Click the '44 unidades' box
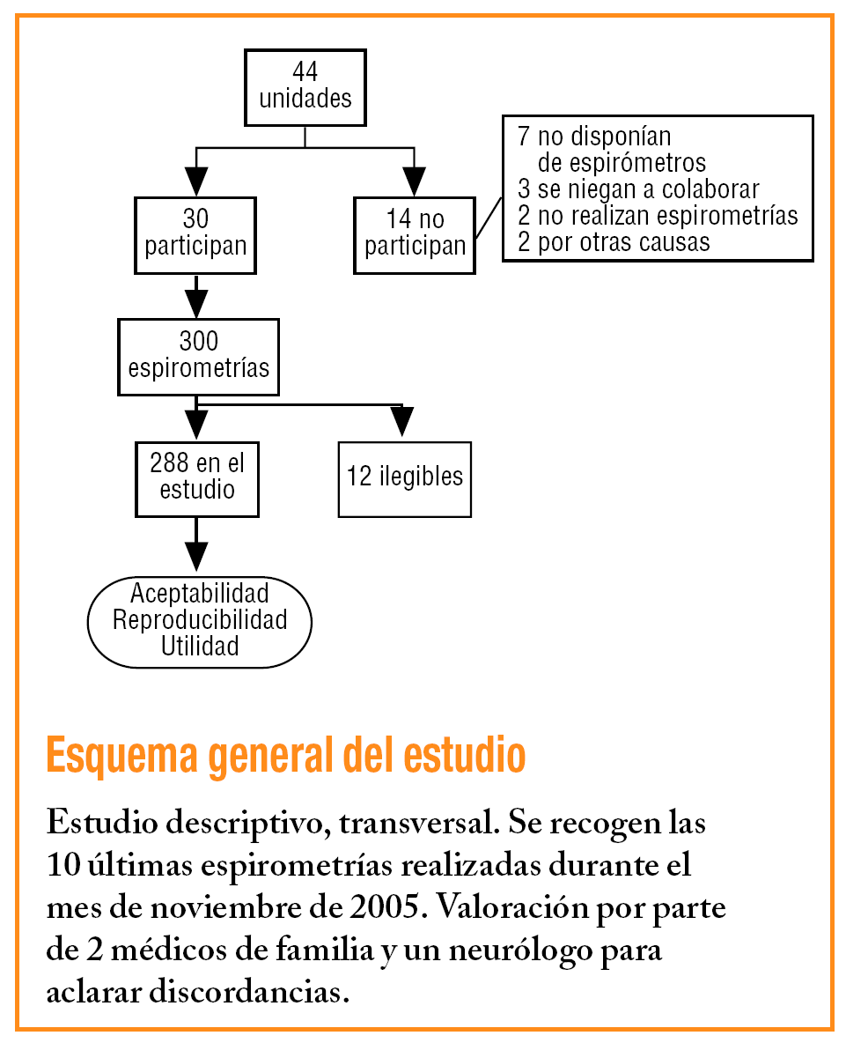305,86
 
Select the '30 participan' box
195,233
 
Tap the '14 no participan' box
415,233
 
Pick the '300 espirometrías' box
198,356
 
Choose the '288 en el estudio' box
197,477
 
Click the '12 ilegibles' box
404,477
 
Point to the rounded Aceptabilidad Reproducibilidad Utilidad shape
200,620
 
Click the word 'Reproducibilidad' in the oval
200,620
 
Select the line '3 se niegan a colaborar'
637,189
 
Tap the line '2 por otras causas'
613,241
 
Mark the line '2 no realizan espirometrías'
657,216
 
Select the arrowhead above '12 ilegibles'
402,423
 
